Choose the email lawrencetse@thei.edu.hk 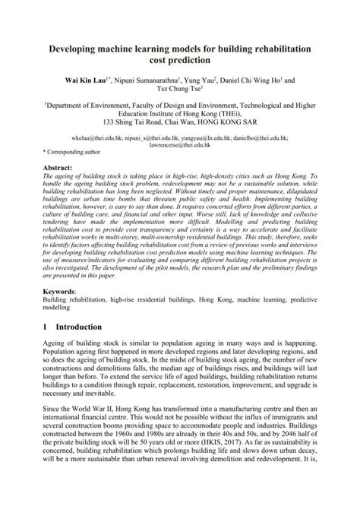(x=179, y=145)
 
